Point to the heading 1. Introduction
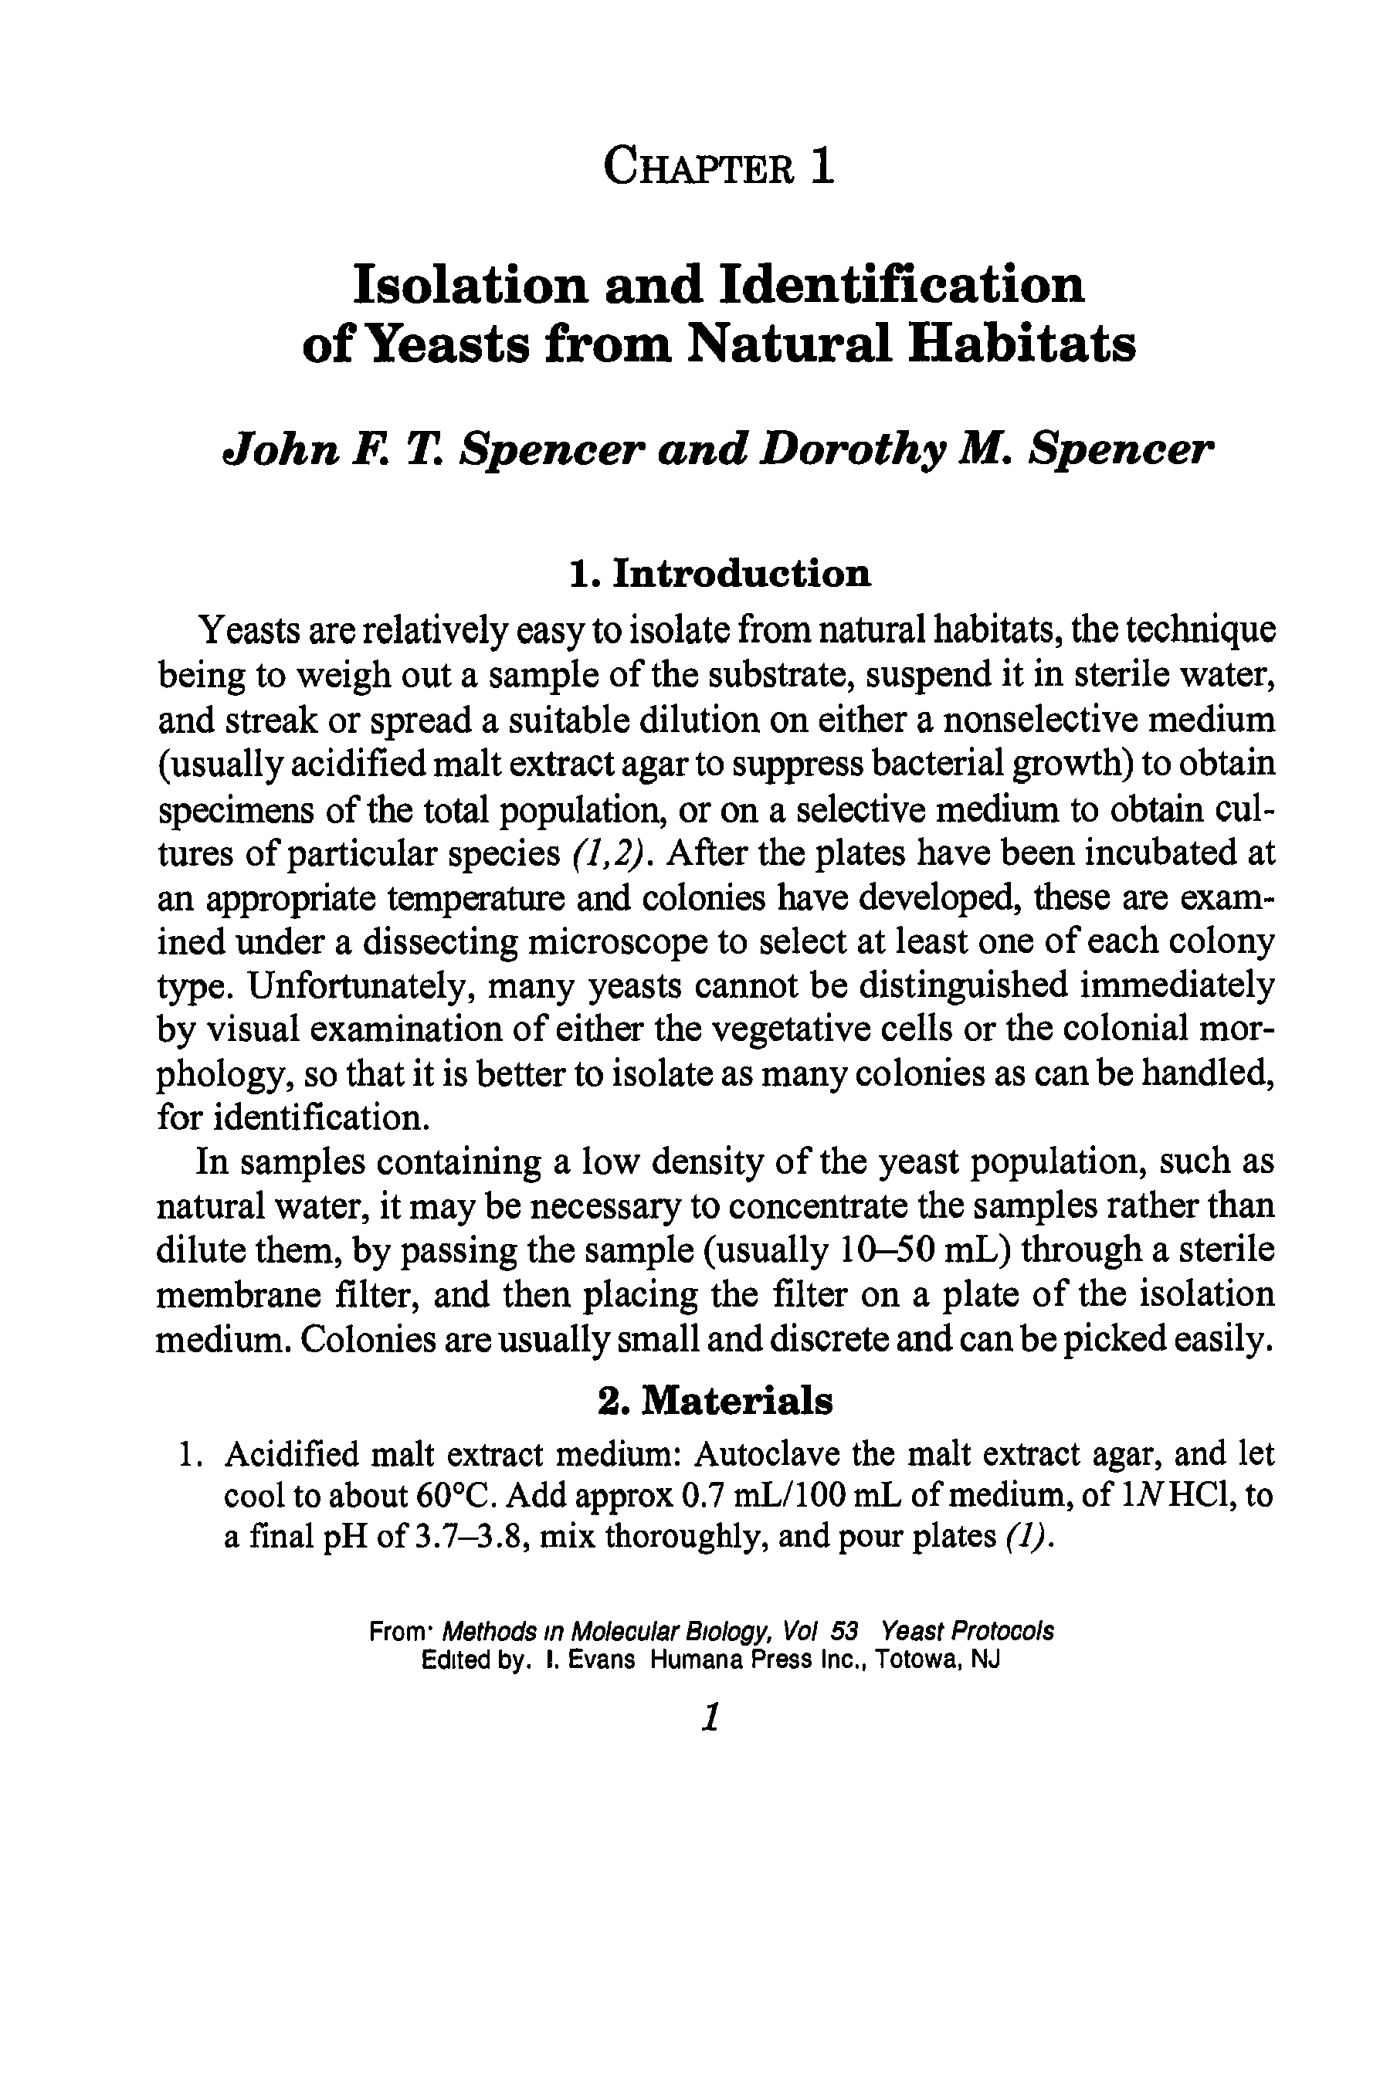point(720,574)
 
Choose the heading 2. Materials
point(715,1401)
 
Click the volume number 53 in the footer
point(843,1632)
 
